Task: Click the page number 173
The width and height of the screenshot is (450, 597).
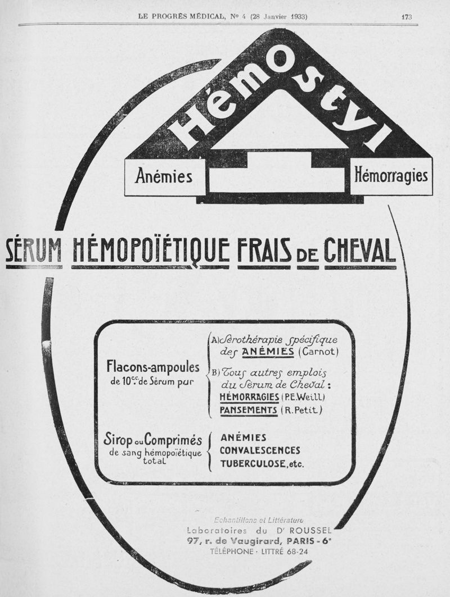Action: [407, 16]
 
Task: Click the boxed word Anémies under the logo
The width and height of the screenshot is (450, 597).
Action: [164, 176]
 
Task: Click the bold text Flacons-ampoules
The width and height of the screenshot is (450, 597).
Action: [153, 368]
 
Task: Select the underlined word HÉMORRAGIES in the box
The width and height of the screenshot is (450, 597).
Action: [248, 398]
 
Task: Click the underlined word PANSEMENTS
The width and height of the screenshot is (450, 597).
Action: [249, 411]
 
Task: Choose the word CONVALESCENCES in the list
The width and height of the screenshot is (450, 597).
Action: [260, 450]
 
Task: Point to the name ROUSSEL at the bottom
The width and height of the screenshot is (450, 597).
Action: [312, 530]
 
